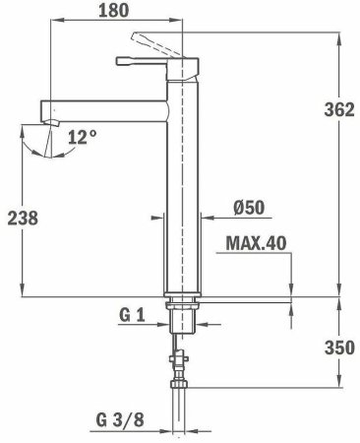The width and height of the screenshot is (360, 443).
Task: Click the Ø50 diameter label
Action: [248, 208]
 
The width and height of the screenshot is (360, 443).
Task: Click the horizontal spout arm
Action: [103, 104]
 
